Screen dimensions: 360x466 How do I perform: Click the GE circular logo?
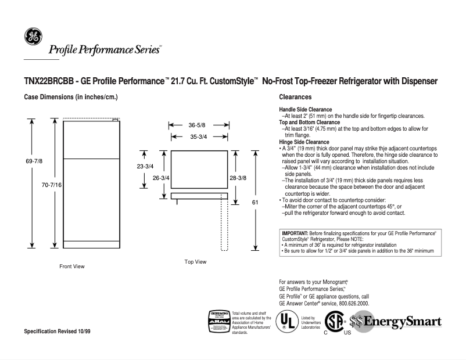click(x=33, y=37)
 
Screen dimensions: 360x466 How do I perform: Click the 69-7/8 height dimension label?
click(x=33, y=161)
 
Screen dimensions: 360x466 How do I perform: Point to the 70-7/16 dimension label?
click(x=52, y=184)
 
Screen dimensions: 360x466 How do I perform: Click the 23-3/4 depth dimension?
click(x=145, y=166)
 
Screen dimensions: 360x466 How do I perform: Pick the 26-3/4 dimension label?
click(x=161, y=178)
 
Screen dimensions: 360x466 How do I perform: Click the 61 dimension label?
click(x=254, y=202)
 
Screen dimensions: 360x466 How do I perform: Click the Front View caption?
click(x=72, y=267)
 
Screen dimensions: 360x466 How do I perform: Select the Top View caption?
click(x=195, y=262)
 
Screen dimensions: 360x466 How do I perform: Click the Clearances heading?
click(x=295, y=97)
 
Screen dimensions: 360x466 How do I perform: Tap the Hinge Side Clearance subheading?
click(x=304, y=142)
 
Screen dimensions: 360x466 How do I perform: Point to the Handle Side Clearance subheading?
click(x=306, y=109)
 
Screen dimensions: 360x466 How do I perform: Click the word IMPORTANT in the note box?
click(x=295, y=233)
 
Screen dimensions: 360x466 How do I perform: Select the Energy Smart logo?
click(x=396, y=322)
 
